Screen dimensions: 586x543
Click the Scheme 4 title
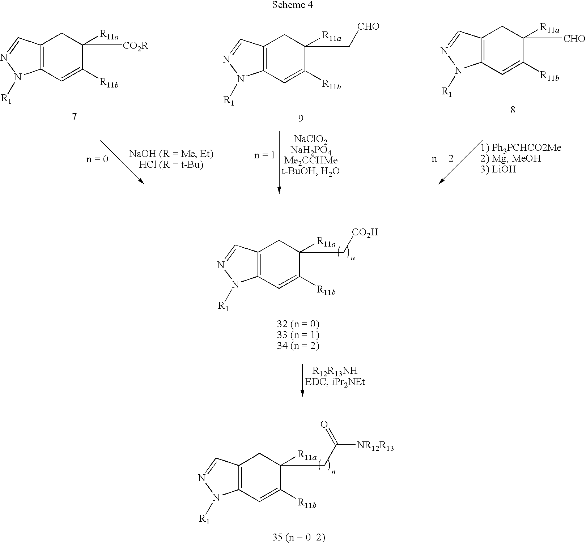coord(292,5)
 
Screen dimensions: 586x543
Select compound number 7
coord(74,117)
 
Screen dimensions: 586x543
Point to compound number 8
coord(513,110)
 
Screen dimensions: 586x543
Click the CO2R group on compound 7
coord(136,46)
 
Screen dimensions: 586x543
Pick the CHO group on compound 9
coord(368,27)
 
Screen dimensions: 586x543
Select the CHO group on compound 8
coord(574,39)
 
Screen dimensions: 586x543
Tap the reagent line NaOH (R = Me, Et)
coord(171,154)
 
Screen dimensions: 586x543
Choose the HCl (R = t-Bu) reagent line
coord(171,164)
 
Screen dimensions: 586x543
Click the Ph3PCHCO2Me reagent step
coord(521,148)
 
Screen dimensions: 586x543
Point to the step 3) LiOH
coord(498,170)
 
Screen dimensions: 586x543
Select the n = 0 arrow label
coord(97,159)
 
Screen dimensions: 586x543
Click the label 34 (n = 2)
coord(298,346)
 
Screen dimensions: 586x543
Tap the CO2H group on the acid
coord(365,232)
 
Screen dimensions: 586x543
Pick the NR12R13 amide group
coord(375,447)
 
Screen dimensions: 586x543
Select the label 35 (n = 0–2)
coord(298,538)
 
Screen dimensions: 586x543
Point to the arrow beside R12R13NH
coord(302,380)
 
